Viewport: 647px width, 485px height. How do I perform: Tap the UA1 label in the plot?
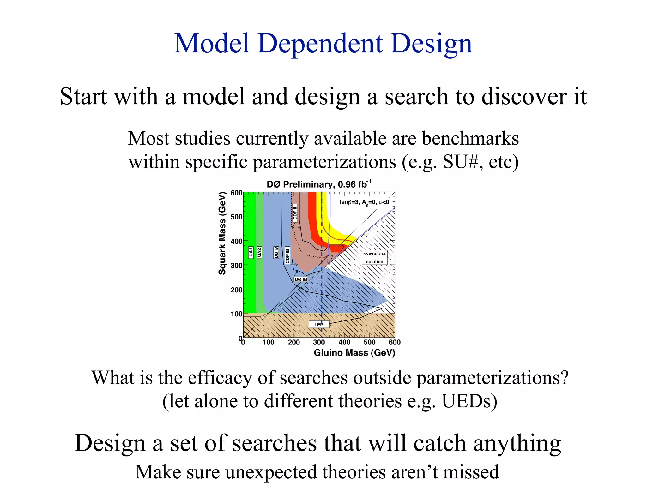[x=251, y=252]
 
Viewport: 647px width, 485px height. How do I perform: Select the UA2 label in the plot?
[x=259, y=252]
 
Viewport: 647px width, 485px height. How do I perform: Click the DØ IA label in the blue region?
[x=276, y=252]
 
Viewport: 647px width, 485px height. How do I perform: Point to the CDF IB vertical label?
[x=287, y=255]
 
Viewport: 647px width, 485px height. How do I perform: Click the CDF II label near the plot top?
[x=295, y=212]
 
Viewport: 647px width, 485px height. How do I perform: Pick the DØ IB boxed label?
[x=301, y=279]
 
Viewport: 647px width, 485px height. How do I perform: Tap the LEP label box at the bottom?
[x=319, y=324]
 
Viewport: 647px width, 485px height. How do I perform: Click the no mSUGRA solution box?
[x=374, y=258]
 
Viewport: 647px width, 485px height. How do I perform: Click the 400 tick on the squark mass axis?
[x=236, y=242]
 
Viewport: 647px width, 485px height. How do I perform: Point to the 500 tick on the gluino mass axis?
[x=369, y=342]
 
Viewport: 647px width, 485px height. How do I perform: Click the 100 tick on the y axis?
[x=236, y=314]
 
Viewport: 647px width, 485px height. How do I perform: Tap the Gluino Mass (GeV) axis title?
[x=354, y=353]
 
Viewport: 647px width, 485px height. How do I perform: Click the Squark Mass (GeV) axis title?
[x=222, y=233]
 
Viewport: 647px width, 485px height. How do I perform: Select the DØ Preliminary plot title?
[x=319, y=184]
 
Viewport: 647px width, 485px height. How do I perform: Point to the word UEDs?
[x=469, y=401]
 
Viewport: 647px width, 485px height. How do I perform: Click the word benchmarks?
[x=470, y=138]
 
